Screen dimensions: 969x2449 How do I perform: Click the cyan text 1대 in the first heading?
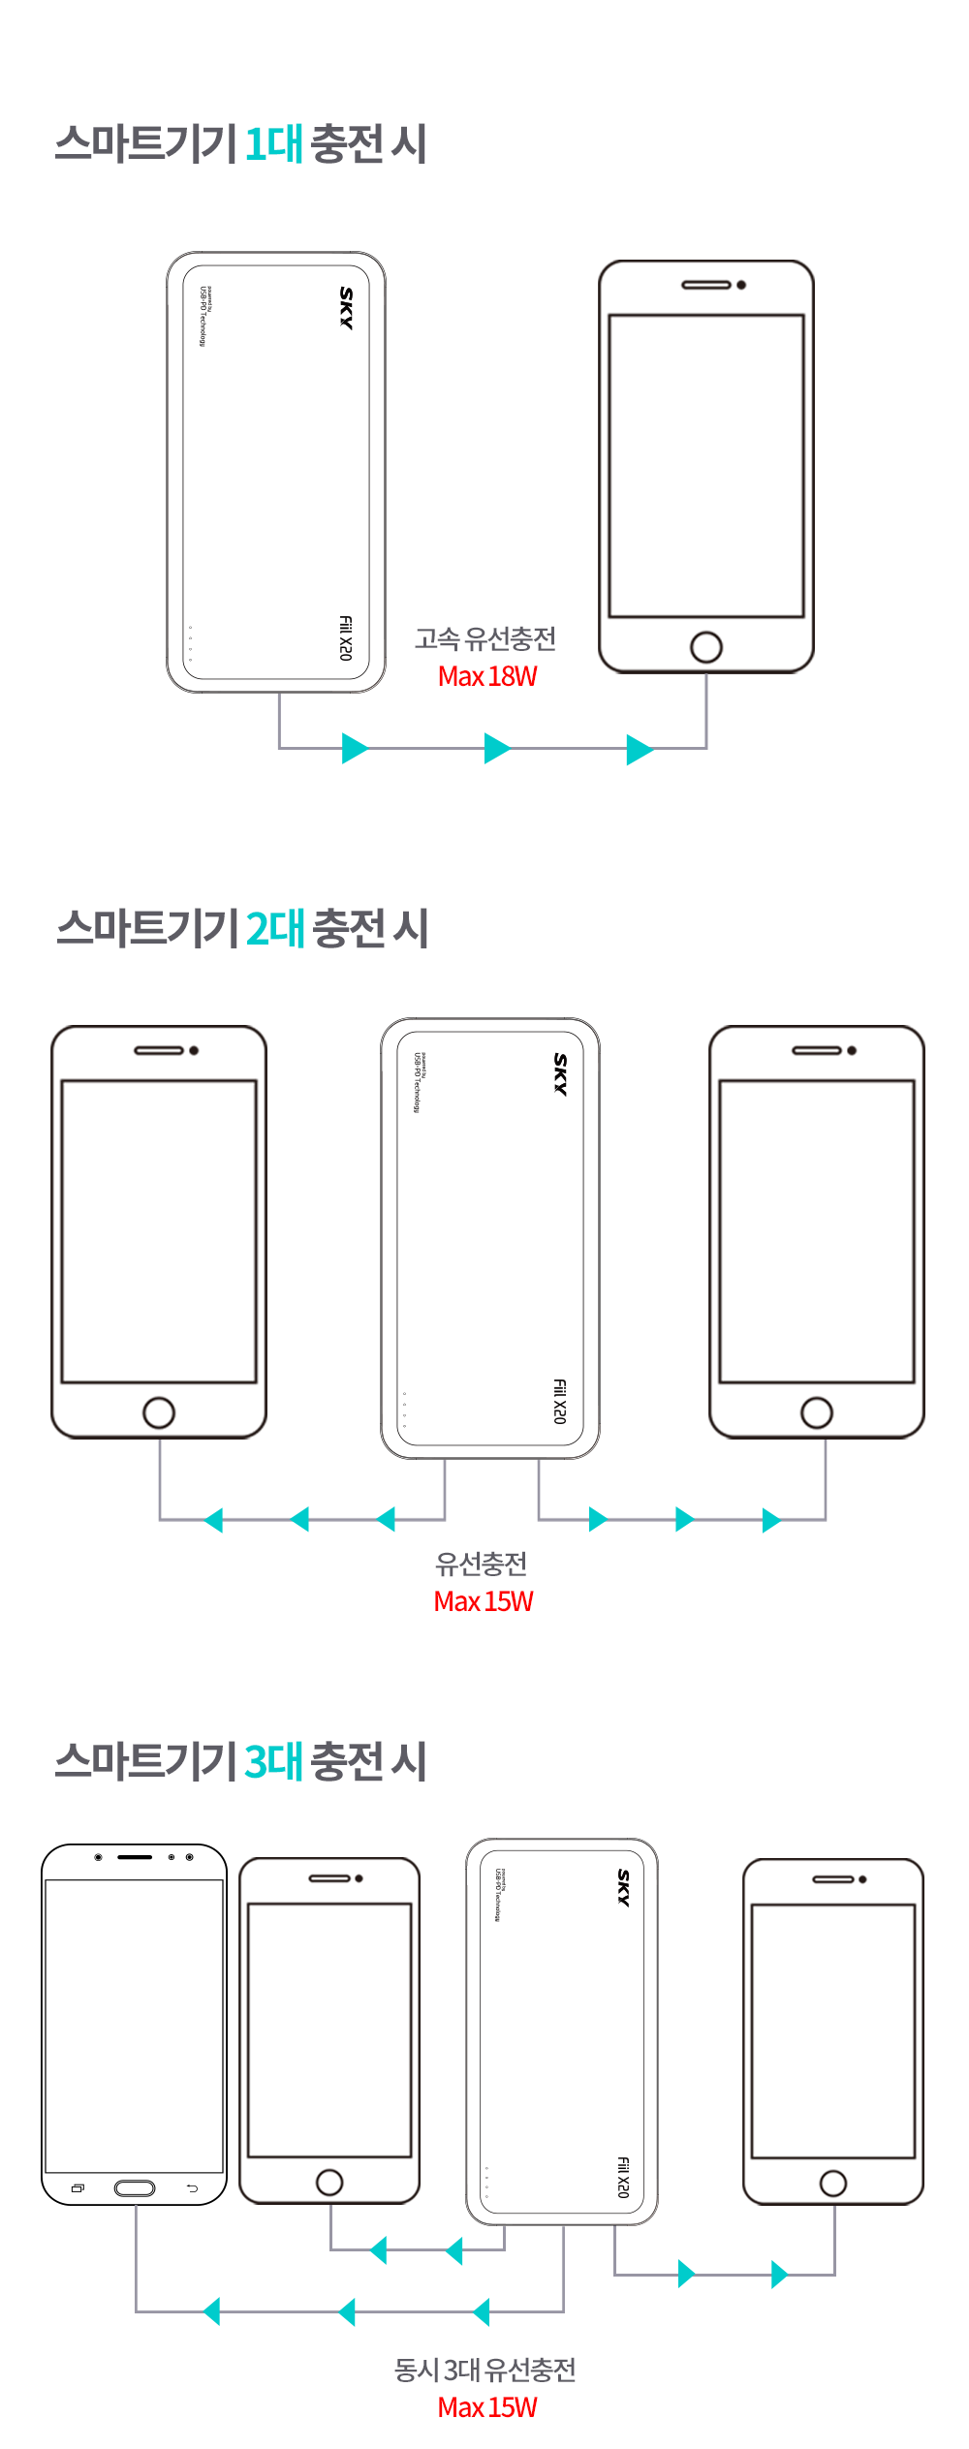[274, 144]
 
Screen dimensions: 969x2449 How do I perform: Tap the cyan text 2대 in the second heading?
[276, 929]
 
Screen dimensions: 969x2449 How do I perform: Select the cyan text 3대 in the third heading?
[274, 1761]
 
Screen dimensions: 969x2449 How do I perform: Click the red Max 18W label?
[487, 676]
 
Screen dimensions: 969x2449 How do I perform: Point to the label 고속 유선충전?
[485, 638]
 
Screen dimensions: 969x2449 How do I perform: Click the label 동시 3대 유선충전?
[485, 2370]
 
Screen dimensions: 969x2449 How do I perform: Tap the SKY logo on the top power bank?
[346, 308]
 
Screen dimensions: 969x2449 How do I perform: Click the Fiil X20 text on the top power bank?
[345, 637]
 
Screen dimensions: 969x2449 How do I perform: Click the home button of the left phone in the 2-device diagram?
[159, 1412]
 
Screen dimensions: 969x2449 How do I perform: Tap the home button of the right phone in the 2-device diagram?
[817, 1412]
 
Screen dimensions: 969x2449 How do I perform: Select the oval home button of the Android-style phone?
[135, 2188]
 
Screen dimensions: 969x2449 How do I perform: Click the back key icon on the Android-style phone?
[192, 2188]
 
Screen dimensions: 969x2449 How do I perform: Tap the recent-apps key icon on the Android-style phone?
[78, 2188]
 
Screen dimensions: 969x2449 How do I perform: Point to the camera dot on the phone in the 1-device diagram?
[741, 285]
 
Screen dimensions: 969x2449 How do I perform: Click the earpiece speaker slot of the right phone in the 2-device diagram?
[816, 1050]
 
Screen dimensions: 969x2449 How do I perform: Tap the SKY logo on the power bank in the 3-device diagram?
[624, 1888]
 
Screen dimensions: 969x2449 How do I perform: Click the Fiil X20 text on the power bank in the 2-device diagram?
[559, 1401]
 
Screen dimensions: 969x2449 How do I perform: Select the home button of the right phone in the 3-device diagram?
[833, 2184]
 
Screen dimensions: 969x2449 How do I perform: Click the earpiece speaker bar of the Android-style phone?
[135, 1857]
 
